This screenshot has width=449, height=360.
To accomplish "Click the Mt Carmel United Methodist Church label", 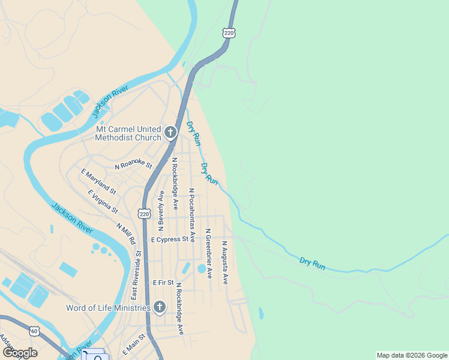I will click(128, 133).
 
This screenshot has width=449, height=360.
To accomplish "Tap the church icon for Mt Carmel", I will click(170, 132).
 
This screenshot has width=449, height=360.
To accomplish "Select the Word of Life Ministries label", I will click(108, 308).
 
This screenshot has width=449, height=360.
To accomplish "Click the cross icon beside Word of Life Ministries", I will click(159, 308).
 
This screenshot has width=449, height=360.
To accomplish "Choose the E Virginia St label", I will click(103, 202).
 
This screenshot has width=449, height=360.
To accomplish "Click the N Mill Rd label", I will click(126, 233).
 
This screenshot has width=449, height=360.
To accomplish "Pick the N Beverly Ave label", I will click(161, 211).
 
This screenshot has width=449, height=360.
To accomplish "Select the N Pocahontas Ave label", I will click(192, 215).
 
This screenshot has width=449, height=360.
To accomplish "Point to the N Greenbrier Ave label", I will click(208, 253).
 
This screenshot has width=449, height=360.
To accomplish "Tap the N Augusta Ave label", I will click(224, 263).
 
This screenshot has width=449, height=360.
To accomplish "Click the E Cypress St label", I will click(169, 239).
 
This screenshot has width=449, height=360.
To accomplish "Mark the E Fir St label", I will click(163, 282).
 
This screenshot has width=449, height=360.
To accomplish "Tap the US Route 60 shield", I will click(35, 331).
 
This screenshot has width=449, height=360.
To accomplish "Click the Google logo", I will click(20, 352).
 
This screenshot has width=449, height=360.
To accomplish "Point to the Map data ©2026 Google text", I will click(412, 355).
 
